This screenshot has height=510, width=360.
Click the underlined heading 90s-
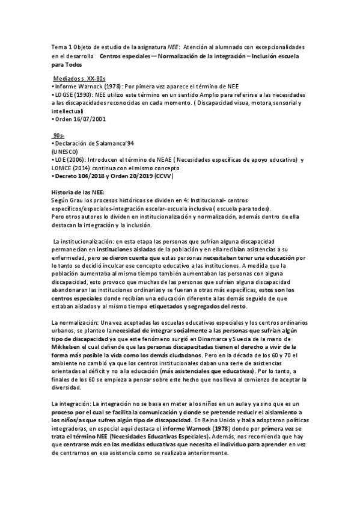(60, 137)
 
